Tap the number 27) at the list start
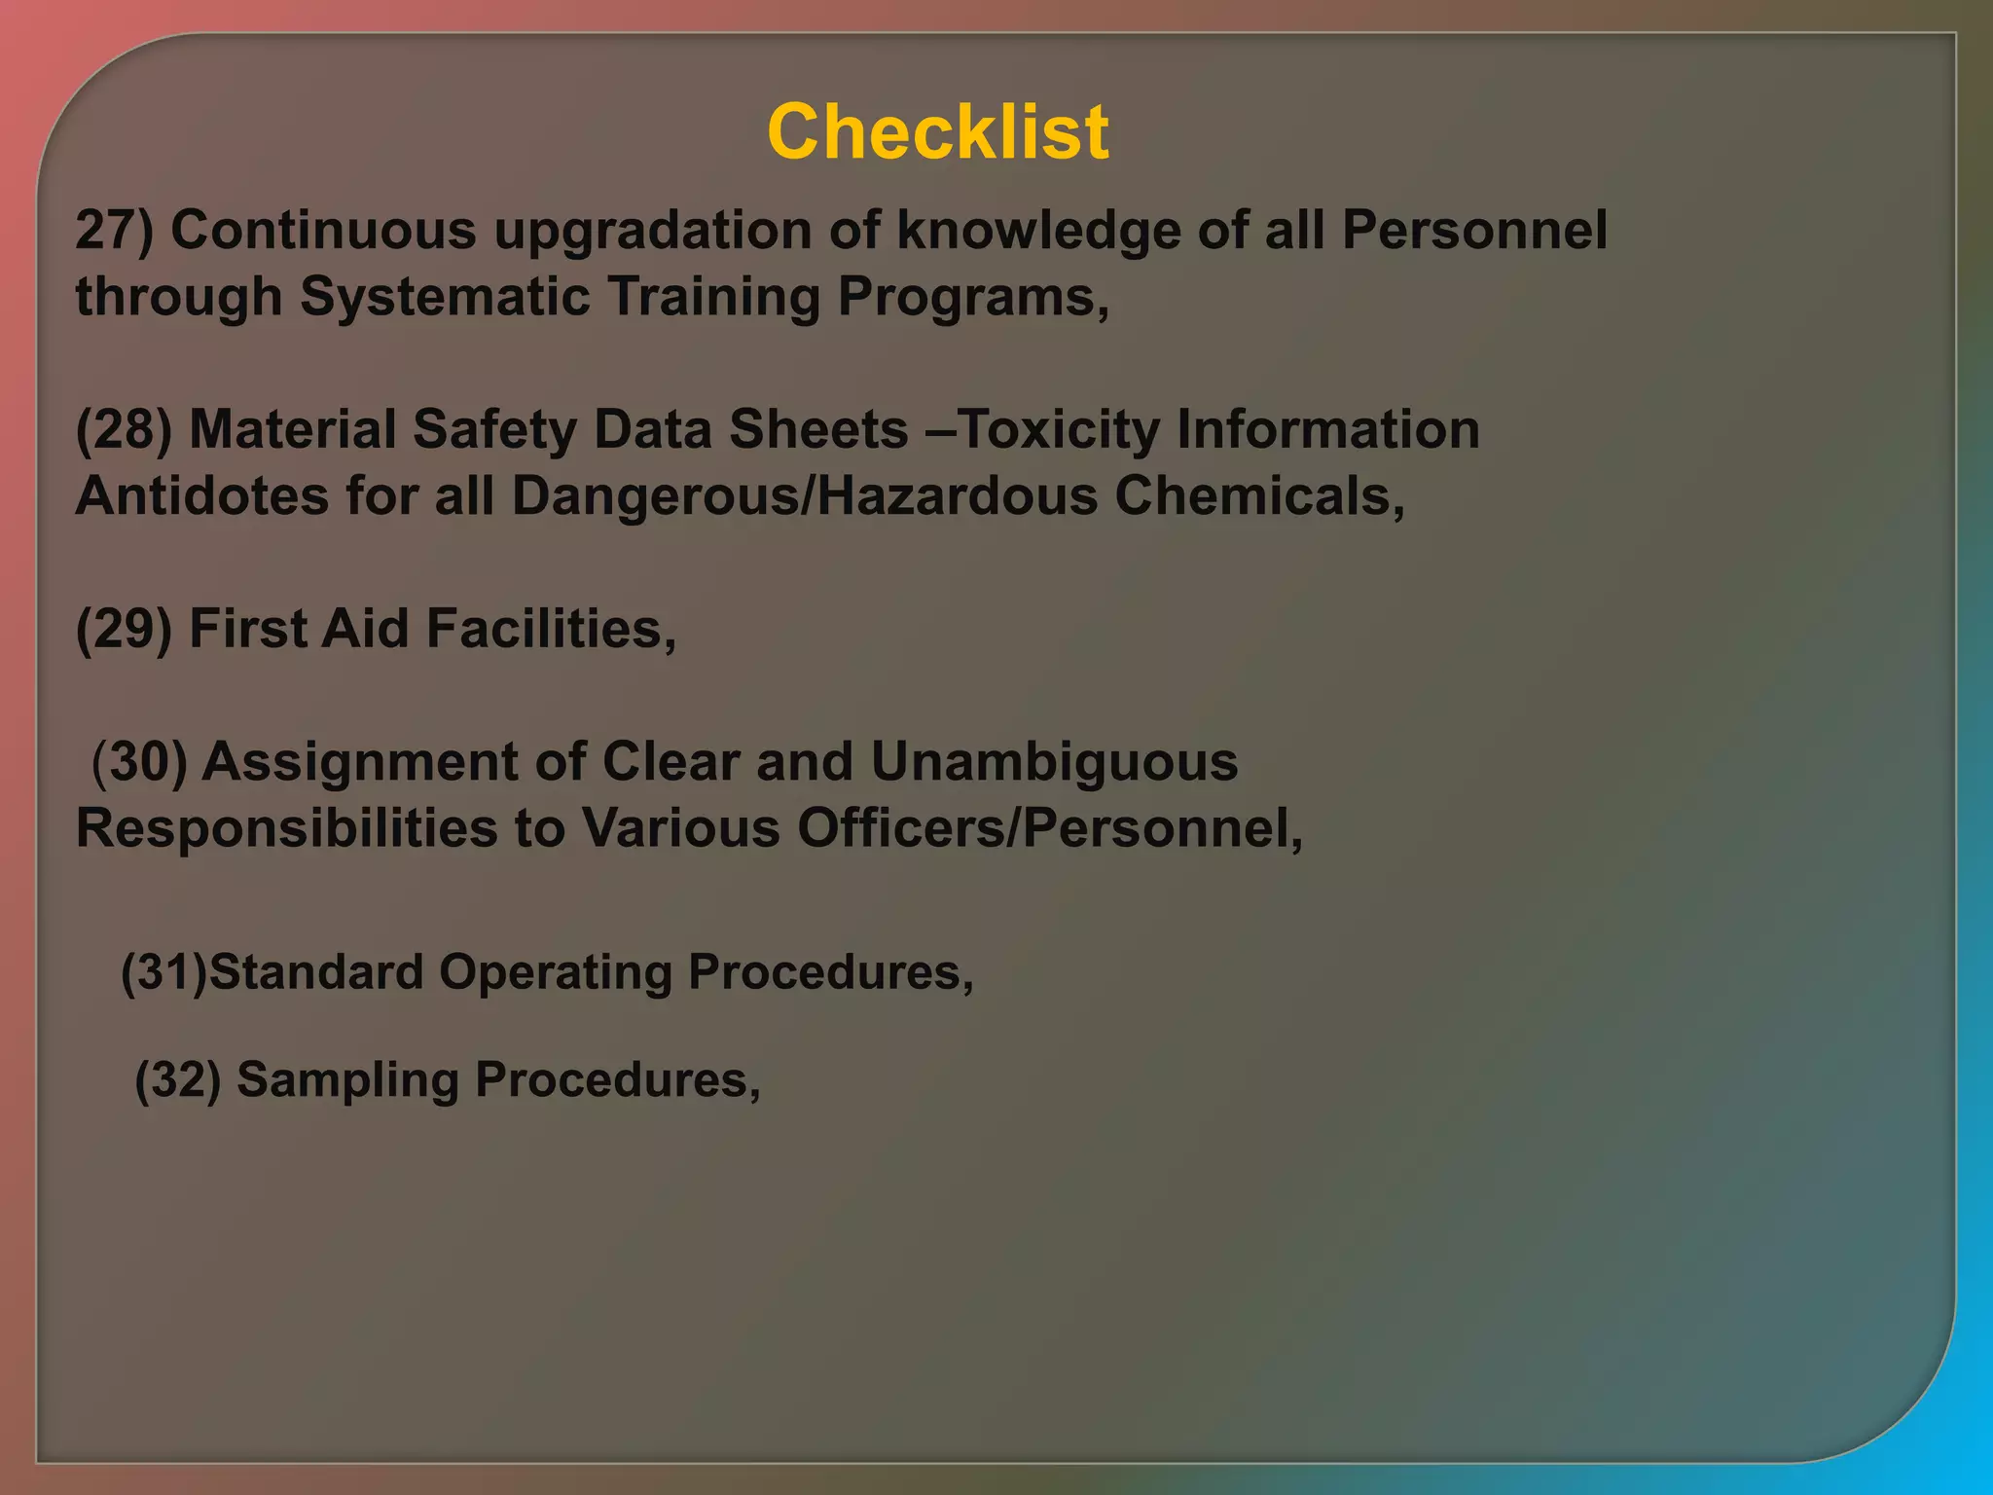point(114,231)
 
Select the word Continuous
point(324,231)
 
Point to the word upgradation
point(652,231)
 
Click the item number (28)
point(124,429)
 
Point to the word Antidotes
point(202,495)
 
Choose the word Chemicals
point(1257,495)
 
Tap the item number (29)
point(124,629)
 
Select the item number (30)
point(138,761)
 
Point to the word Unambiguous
point(1054,761)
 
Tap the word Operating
point(555,971)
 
